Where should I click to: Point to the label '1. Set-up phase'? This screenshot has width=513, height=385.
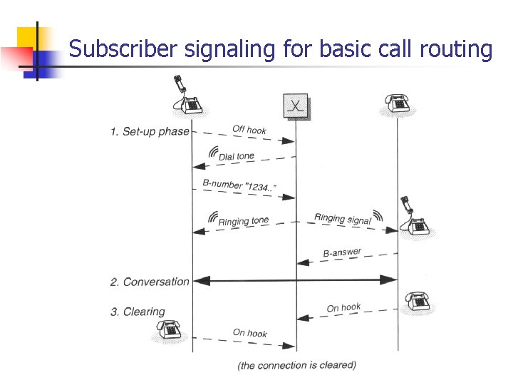click(150, 131)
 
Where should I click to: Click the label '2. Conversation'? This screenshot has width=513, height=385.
click(150, 282)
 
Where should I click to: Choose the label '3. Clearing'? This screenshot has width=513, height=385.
click(138, 312)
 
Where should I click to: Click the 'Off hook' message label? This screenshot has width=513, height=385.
click(249, 130)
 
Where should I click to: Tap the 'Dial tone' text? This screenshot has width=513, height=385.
click(236, 156)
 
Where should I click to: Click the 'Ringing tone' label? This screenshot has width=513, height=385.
click(244, 221)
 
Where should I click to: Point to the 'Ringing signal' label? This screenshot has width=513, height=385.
click(343, 219)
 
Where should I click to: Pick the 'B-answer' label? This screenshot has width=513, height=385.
click(342, 252)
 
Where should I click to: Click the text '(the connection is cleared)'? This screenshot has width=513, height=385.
click(296, 365)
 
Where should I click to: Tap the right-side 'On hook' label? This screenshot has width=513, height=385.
click(343, 307)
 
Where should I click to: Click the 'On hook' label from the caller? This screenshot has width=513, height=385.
click(250, 333)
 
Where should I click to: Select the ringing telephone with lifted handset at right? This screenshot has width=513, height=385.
click(413, 217)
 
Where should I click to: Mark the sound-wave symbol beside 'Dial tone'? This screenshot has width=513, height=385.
click(213, 152)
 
